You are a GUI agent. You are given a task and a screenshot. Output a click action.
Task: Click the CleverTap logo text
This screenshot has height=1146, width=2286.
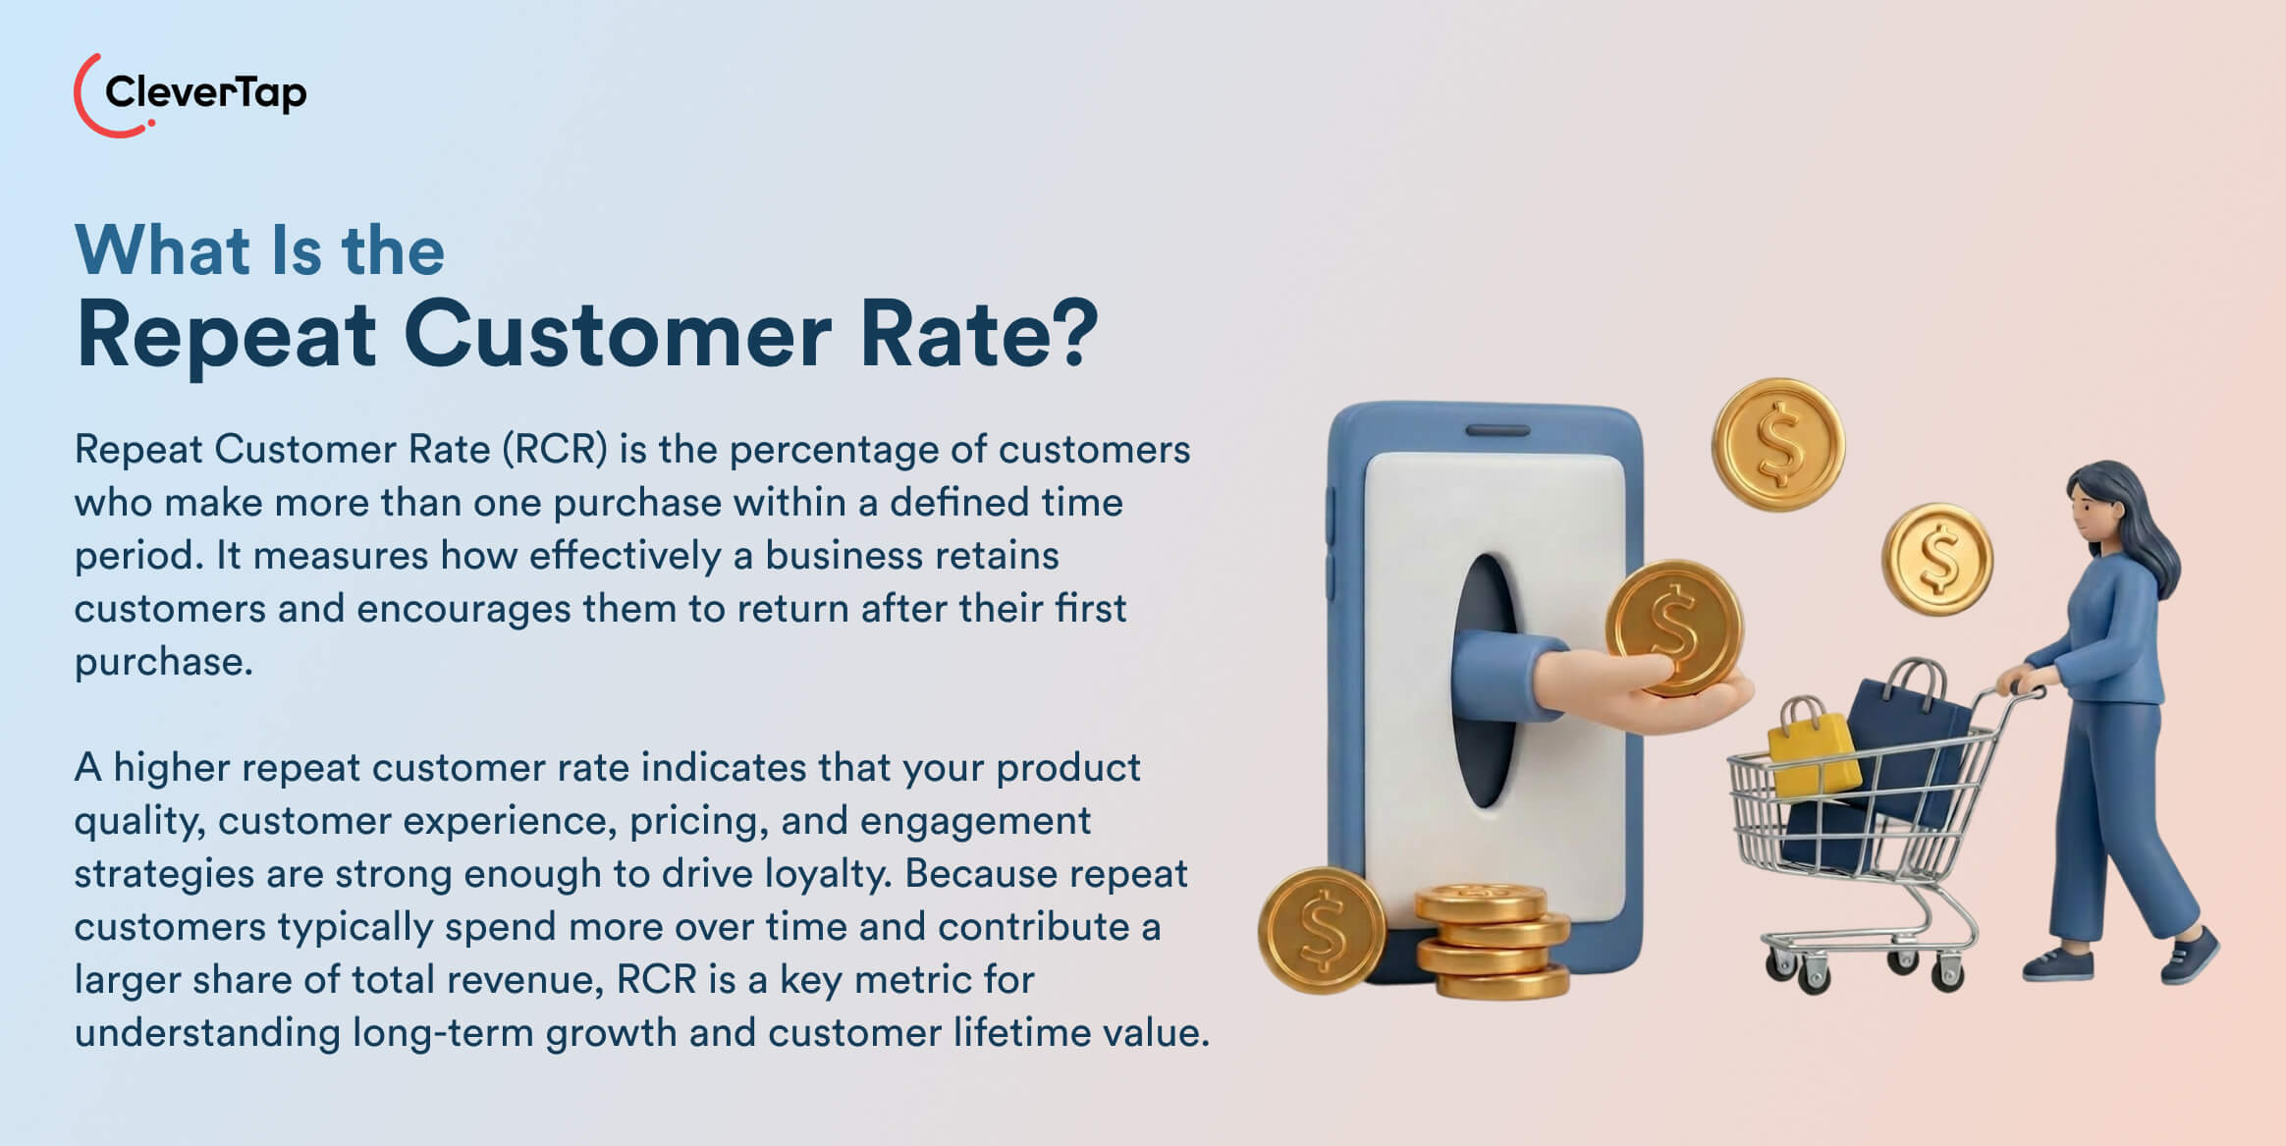205,93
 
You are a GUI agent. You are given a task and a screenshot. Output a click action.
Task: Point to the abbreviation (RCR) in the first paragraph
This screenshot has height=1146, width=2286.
555,450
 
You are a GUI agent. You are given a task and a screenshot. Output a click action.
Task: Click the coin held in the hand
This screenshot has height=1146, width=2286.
1674,627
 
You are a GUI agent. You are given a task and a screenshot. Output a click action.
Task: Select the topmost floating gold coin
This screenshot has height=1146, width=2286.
1778,445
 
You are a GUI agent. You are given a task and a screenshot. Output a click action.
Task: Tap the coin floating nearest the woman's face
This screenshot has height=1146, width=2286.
1936,559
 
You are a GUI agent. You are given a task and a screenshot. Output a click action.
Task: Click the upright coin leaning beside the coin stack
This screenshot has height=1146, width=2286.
1322,929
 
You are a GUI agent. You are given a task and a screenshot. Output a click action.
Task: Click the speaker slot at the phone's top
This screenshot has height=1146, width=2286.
1497,430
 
